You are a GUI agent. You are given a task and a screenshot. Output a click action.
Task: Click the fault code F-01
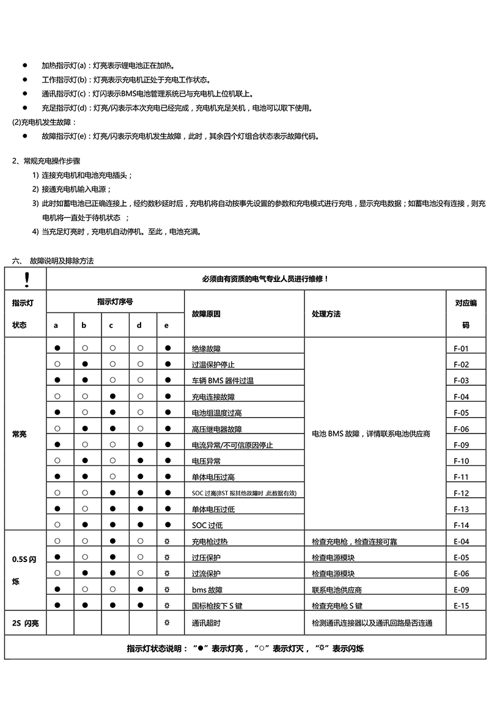[461, 349]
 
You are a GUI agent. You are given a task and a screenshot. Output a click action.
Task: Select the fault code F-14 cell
[461, 525]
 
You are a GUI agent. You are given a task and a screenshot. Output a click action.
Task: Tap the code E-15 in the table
[461, 606]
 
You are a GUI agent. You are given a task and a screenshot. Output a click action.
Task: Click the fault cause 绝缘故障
[207, 349]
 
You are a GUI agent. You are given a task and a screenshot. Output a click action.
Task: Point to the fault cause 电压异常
[207, 461]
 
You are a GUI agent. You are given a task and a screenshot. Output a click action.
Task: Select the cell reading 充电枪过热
[210, 541]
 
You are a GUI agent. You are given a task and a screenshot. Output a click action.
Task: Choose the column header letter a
[56, 325]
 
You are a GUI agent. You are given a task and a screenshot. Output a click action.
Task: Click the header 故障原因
[206, 314]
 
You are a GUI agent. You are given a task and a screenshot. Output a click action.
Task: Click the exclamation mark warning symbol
[26, 279]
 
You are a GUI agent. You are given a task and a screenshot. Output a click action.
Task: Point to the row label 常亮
[20, 434]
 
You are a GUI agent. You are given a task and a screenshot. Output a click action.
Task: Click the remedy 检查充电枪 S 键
[337, 606]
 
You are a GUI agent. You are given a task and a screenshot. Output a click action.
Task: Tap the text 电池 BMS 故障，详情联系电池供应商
[371, 434]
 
